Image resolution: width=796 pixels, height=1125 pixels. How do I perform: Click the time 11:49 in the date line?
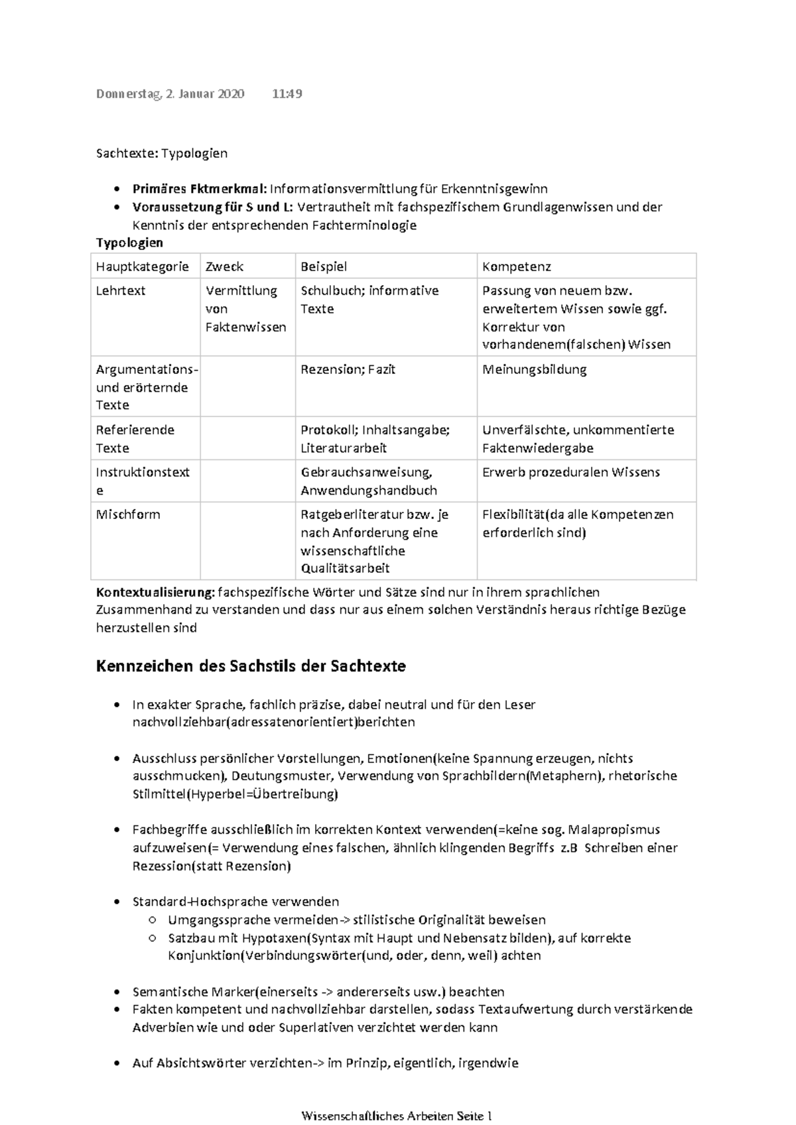[x=287, y=93]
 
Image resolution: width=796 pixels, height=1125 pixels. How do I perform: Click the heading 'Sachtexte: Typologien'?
[x=162, y=153]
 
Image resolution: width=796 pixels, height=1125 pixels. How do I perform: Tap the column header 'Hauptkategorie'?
[x=142, y=266]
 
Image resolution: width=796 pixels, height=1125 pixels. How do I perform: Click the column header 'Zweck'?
[x=224, y=266]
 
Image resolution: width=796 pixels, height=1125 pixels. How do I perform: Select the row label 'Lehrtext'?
[x=121, y=290]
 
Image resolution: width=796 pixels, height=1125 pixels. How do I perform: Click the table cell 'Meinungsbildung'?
[x=535, y=369]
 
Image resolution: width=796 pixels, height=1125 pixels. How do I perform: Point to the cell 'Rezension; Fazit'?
[x=348, y=369]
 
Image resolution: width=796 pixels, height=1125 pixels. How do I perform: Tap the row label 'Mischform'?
[x=128, y=514]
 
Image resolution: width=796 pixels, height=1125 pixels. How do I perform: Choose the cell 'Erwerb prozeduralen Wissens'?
[x=571, y=472]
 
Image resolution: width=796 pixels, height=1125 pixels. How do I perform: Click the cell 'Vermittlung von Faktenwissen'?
[x=245, y=309]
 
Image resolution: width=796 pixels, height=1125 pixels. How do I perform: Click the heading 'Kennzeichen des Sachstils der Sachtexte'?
[x=251, y=666]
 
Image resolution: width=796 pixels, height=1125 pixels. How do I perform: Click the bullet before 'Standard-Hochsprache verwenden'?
[x=117, y=902]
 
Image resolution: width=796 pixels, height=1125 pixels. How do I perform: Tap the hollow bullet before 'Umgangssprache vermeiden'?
[x=153, y=920]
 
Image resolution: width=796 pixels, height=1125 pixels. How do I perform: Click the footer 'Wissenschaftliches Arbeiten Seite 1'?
[x=397, y=1116]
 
